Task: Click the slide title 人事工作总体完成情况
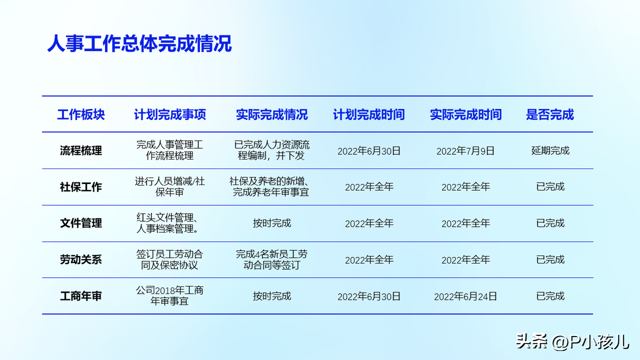pos(139,44)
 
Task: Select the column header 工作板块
pos(81,115)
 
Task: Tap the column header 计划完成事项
pos(170,115)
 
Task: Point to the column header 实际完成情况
pos(271,115)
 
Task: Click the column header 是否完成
pos(550,115)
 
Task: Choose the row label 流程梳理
pos(81,150)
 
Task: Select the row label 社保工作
pos(81,187)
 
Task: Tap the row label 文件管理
pos(81,223)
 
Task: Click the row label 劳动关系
pos(81,260)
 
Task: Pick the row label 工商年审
pos(81,296)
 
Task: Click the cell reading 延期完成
pos(550,150)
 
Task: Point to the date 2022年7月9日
pos(466,151)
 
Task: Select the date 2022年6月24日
pos(466,297)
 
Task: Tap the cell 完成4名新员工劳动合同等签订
pos(271,260)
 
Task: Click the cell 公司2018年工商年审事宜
pos(170,295)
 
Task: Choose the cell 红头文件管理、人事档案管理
pos(167,223)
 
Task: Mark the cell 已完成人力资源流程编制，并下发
pos(271,150)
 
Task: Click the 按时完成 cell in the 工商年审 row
pos(271,296)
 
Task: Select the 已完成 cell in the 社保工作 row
pos(550,187)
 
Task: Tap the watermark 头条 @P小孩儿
pos(573,342)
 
